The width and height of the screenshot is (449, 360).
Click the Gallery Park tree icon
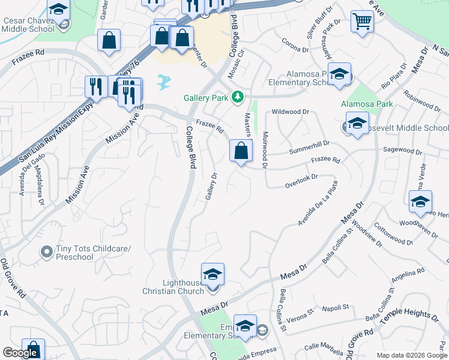238,97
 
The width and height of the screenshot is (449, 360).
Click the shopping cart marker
362,23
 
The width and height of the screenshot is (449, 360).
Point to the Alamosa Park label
367,104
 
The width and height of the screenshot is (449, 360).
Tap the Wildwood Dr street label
290,112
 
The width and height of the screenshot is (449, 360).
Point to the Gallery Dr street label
211,187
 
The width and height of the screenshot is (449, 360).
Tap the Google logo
20,353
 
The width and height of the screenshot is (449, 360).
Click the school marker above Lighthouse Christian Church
212,274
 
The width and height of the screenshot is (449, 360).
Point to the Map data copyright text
412,355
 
